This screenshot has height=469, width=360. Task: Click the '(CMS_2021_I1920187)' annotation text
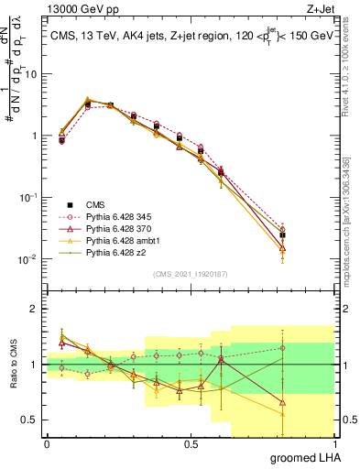[190, 274]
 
